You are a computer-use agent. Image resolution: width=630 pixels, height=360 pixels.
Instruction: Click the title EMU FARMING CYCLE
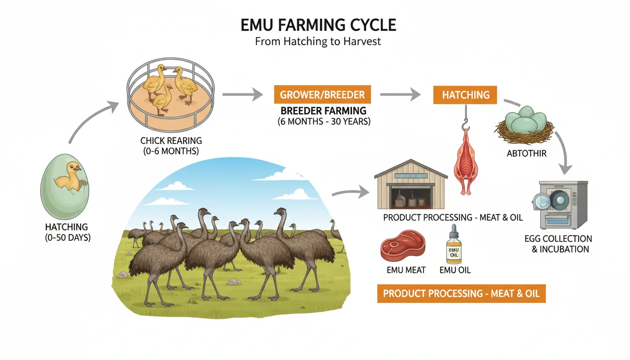coord(318,25)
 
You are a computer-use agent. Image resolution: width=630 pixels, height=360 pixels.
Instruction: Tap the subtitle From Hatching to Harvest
coord(318,41)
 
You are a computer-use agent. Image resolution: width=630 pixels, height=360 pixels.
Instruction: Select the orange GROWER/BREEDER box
coord(322,95)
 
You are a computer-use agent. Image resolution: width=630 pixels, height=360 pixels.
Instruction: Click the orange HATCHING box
coord(465,95)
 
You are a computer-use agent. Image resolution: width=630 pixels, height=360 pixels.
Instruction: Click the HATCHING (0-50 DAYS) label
coord(66,232)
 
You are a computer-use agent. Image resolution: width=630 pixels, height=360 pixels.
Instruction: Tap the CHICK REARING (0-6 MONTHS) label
coord(171,145)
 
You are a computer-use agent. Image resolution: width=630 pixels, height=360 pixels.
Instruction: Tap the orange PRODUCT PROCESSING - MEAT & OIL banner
coord(461,294)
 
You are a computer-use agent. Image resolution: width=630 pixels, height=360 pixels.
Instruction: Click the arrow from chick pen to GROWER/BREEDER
coord(242,95)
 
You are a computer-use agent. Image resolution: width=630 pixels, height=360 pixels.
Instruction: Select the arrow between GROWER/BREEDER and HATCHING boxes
coord(400,95)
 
